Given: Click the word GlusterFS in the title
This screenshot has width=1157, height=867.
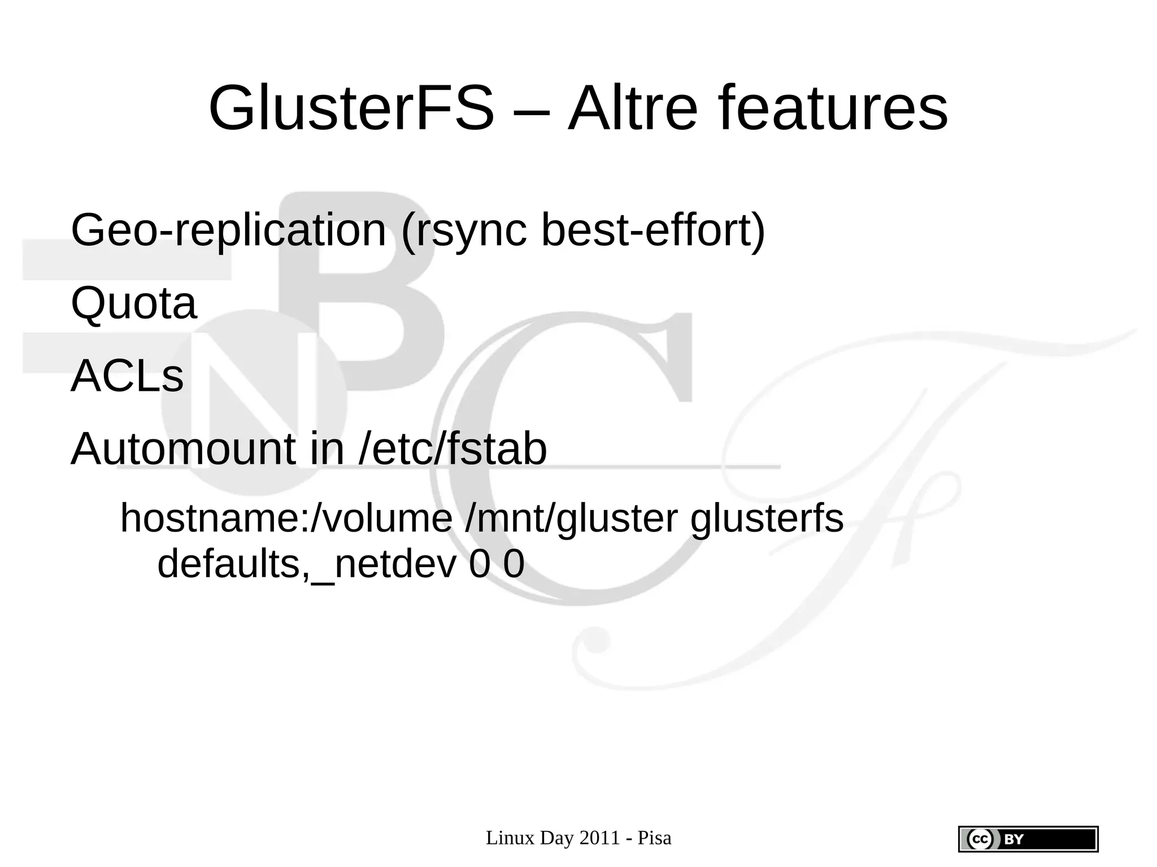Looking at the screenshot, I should click(x=351, y=108).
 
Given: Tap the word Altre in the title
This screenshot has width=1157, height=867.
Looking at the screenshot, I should click(x=633, y=108).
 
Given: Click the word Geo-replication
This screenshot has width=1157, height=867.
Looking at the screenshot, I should click(x=228, y=230).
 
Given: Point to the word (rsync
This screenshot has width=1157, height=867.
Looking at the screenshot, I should click(x=463, y=230).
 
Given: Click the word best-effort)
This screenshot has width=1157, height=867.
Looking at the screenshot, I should click(x=653, y=230).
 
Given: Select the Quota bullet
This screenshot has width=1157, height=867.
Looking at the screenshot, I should click(x=134, y=303).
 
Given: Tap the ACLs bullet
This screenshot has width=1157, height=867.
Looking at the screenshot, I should click(x=127, y=376).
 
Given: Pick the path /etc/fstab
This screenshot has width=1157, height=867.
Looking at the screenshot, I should click(x=453, y=449).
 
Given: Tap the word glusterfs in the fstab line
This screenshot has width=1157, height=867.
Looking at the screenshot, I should click(x=767, y=519).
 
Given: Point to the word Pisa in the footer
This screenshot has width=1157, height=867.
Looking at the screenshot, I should click(x=654, y=838).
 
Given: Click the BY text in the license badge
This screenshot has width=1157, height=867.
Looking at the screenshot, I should click(x=1014, y=839).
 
